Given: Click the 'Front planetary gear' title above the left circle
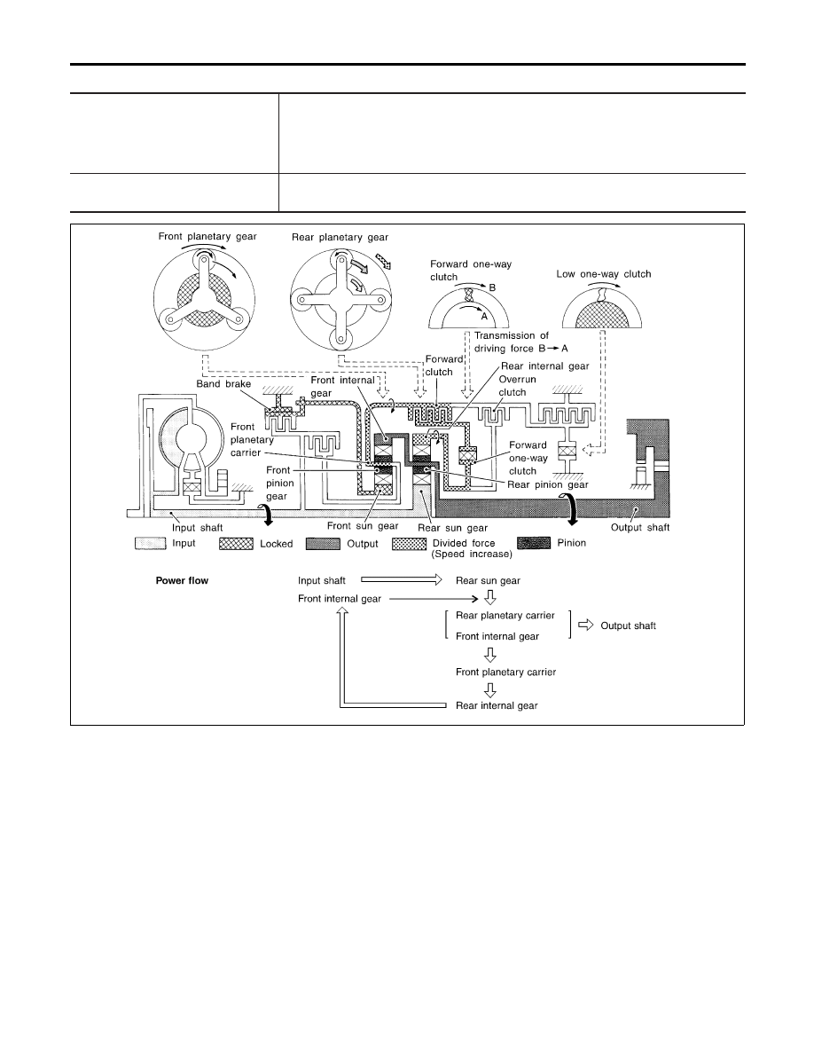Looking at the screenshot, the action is pos(207,237).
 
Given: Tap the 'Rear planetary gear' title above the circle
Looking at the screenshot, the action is pos(340,237).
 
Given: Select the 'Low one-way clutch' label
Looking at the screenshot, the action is pos(604,274).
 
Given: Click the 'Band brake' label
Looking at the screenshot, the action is pos(223,384).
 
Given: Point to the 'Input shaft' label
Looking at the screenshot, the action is pos(198,528).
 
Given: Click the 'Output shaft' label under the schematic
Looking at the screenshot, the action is pos(640,528).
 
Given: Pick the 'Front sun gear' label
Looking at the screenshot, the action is pos(363,526).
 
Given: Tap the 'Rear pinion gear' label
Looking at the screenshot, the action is pos(548,484).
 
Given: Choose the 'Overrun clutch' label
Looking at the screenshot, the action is pos(517,386).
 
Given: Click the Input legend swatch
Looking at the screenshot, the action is pos(151,544).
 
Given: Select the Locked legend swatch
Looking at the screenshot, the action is pos(236,544).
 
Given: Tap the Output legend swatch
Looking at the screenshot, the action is pos(323,544).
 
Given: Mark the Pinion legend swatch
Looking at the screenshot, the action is pos(534,543).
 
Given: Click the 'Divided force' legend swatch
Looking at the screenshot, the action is pos(409,544).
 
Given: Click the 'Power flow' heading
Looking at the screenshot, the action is pos(182,581).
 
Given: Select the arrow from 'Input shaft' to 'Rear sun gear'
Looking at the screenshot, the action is pos(402,579).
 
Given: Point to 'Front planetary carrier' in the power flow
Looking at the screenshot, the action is pos(505,673).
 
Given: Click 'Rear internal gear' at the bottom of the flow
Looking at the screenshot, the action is pos(497,706).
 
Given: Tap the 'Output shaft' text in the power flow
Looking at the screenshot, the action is pos(628,625).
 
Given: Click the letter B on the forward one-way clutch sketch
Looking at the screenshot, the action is pos(492,287).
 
